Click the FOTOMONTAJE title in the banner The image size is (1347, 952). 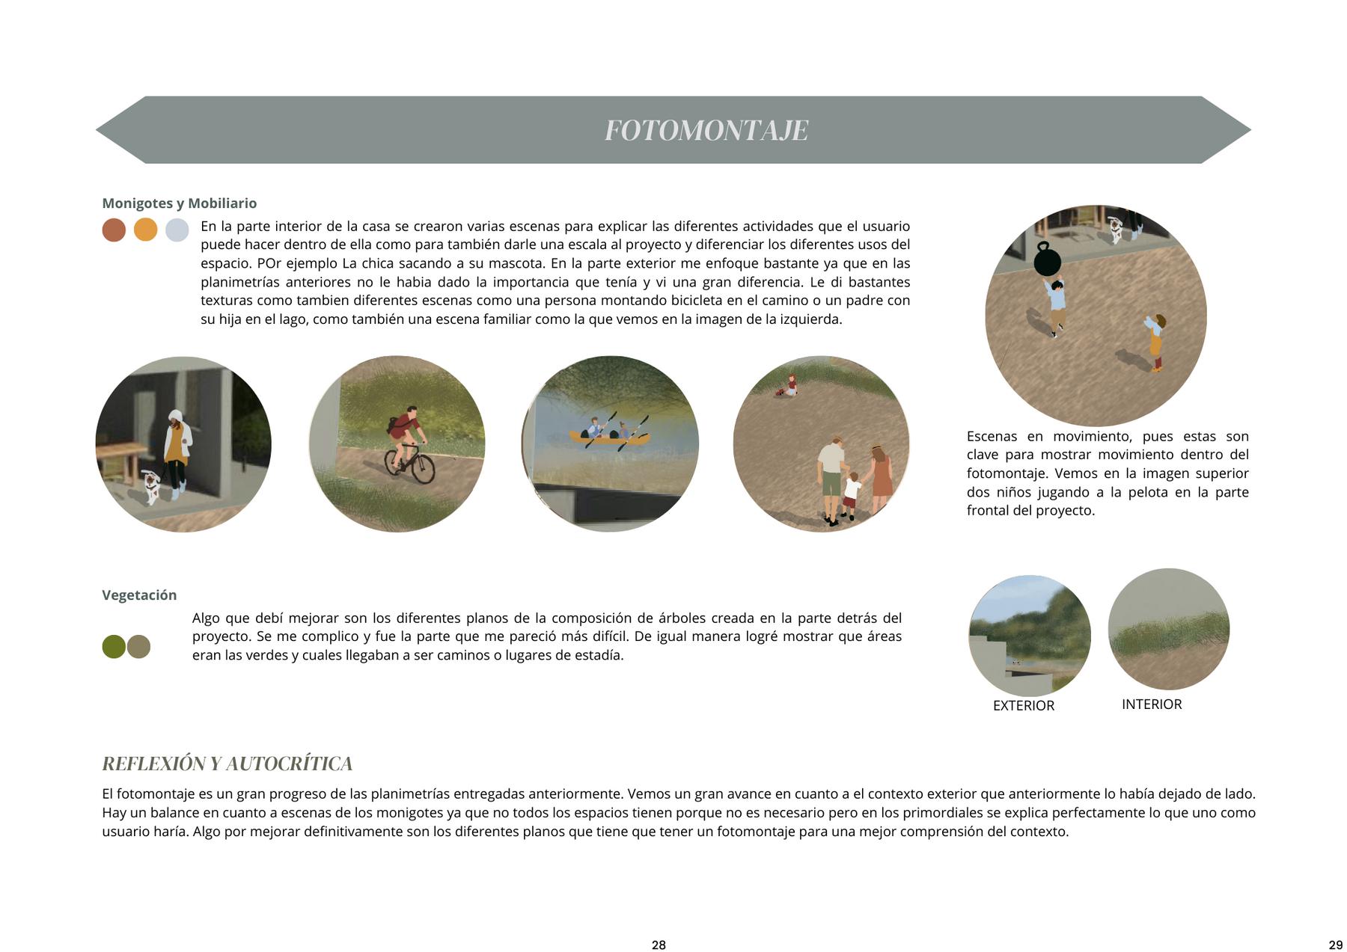[x=706, y=130]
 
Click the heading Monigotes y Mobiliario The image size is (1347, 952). [x=179, y=203]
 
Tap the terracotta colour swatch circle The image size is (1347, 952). [x=114, y=230]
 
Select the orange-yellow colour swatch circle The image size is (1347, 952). [x=145, y=230]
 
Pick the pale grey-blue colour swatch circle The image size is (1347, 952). [x=177, y=230]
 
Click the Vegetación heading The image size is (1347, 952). [x=139, y=595]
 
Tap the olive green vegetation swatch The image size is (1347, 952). [x=113, y=646]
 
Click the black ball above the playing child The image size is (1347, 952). [x=1047, y=261]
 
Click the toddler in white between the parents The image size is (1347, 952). [x=851, y=494]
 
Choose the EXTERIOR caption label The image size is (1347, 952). [x=1023, y=706]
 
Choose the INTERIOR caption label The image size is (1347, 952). [x=1151, y=704]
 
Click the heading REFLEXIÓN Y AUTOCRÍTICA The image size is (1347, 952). [x=227, y=764]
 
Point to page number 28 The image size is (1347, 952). [x=659, y=945]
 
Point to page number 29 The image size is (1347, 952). [x=1335, y=945]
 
